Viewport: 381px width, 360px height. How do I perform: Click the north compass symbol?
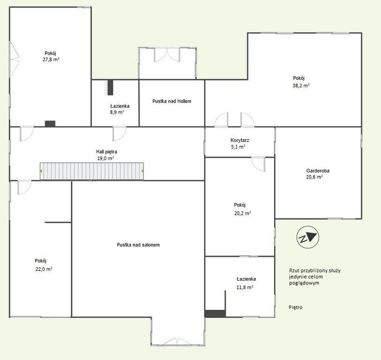308,237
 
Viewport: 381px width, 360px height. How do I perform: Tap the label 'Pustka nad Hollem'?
172,101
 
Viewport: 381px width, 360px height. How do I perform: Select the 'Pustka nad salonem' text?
138,245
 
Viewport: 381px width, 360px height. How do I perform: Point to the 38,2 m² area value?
301,85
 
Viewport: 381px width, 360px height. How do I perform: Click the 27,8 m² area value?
51,60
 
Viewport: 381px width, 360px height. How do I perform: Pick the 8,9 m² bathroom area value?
117,112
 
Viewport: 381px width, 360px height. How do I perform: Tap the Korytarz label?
240,140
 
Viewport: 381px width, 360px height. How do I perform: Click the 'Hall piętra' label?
107,152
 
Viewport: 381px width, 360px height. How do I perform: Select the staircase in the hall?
91,171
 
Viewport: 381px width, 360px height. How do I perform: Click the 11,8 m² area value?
245,287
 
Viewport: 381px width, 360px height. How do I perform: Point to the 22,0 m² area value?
44,269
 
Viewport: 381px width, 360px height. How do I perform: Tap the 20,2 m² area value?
243,213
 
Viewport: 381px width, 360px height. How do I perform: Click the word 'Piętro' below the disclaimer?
296,307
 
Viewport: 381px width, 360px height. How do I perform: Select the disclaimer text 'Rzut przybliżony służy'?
315,270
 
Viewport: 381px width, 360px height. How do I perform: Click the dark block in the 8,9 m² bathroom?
110,87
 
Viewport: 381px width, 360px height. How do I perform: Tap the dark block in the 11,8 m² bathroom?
215,314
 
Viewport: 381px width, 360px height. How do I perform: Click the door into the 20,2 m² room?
258,165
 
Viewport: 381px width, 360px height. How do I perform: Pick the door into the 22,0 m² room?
24,187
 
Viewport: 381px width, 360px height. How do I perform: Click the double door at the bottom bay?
177,341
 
